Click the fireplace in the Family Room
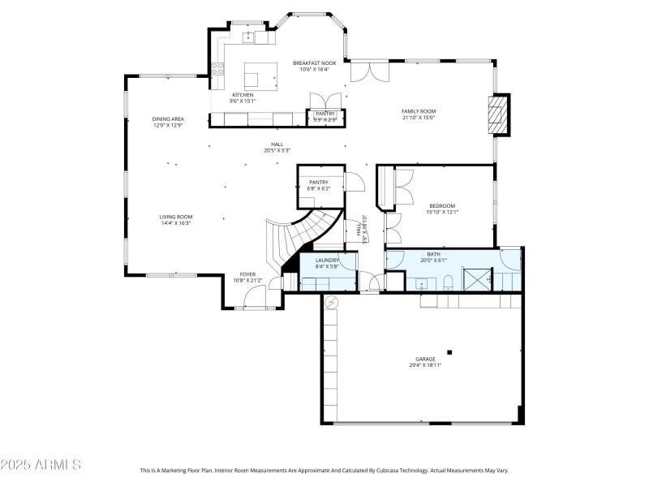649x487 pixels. coord(498,114)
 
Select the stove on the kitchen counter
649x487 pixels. coord(217,71)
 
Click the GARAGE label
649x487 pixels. coord(425,359)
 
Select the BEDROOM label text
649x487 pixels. coord(442,206)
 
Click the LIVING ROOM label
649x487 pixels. coord(175,217)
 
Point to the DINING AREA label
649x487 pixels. coord(168,119)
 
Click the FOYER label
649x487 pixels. coord(247,274)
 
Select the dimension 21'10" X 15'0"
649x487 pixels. coord(419,118)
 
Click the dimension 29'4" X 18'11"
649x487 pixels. coord(425,365)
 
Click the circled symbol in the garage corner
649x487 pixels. coord(330,302)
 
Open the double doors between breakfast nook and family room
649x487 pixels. coord(369,71)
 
